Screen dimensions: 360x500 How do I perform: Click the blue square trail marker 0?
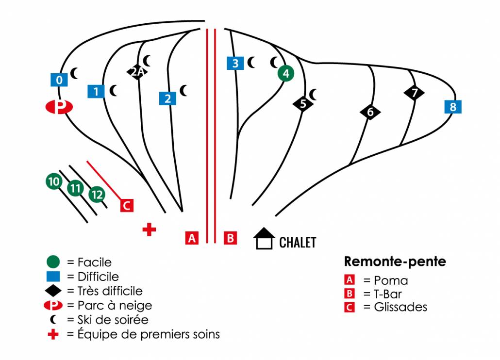pos(59,80)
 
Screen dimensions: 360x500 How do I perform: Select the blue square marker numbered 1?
pos(96,91)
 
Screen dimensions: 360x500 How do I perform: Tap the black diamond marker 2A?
pos(137,72)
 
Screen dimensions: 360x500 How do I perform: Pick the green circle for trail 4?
pos(286,73)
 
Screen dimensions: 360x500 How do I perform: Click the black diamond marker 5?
pos(303,103)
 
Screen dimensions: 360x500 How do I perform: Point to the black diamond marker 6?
pos(370,112)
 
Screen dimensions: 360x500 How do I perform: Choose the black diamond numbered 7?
pos(414,93)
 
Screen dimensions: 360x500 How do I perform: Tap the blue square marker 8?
pos(453,107)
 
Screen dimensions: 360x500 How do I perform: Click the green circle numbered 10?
pos(53,181)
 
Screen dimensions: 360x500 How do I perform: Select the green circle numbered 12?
pos(97,195)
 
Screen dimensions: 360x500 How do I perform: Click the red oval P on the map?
pos(59,107)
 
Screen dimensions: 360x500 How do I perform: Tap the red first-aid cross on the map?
pos(149,229)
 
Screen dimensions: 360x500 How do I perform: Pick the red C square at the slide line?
pos(127,205)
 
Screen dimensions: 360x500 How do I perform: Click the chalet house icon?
pos(265,239)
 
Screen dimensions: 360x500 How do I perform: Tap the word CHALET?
pos(298,242)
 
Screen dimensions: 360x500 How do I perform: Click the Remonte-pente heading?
pos(395,262)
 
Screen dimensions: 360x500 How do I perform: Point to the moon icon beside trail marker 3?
pos(251,63)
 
